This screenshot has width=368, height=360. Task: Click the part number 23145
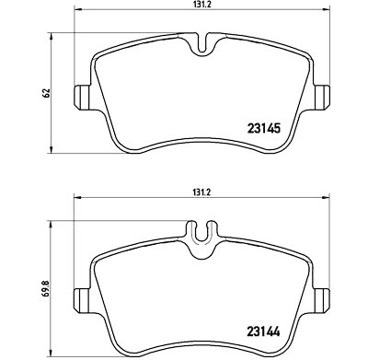pyautogui.click(x=264, y=129)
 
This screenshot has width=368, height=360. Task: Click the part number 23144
pyautogui.click(x=263, y=331)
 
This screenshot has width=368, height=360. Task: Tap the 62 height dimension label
pyautogui.click(x=47, y=93)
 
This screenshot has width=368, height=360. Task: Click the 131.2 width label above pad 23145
pyautogui.click(x=201, y=6)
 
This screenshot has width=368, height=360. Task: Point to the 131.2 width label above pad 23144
pyautogui.click(x=201, y=192)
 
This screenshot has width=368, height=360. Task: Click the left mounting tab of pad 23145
pyautogui.click(x=82, y=97)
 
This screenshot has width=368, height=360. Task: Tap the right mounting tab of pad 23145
pyautogui.click(x=322, y=97)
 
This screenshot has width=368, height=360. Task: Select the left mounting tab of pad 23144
pyautogui.click(x=82, y=300)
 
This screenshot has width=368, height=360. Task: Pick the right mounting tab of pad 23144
pyautogui.click(x=322, y=300)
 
